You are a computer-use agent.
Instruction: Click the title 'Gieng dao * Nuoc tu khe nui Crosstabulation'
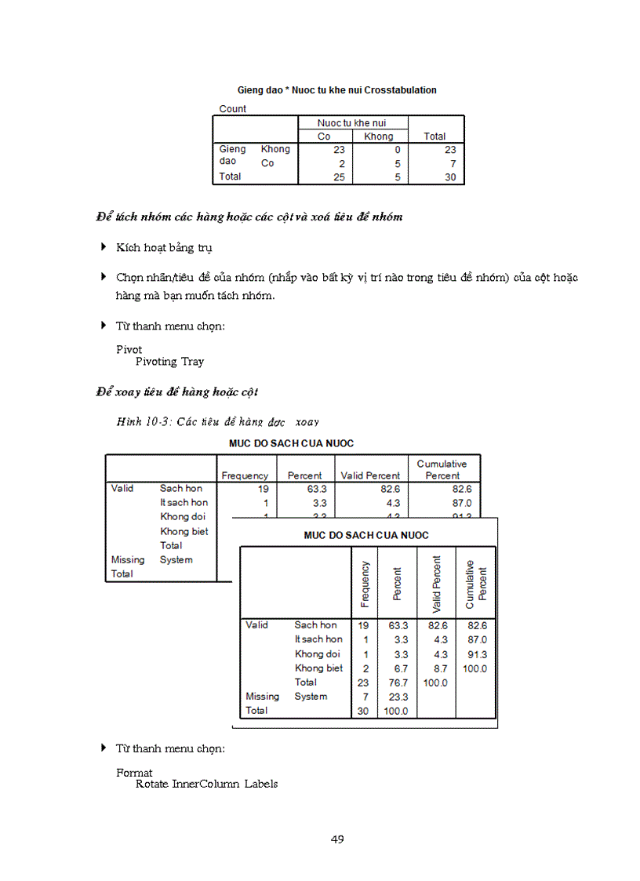point(337,90)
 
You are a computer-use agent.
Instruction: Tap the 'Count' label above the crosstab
point(232,109)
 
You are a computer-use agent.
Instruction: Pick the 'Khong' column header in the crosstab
point(379,137)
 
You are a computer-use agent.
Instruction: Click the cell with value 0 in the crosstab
point(397,149)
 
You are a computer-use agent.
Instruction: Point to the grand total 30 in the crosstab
point(449,177)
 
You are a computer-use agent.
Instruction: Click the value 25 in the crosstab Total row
point(339,177)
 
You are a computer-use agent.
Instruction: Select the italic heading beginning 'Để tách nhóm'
point(249,217)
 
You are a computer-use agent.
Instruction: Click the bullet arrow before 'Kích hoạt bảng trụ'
point(104,247)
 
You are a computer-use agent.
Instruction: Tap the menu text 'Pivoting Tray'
point(169,362)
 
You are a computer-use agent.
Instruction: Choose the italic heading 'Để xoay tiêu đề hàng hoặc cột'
point(177,391)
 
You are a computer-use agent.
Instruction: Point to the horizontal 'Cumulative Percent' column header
point(442,469)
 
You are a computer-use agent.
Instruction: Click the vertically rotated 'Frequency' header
point(365,584)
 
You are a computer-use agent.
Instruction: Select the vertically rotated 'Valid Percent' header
point(437,584)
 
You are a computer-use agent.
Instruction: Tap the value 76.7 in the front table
point(398,683)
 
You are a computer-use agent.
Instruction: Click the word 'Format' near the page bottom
point(134,773)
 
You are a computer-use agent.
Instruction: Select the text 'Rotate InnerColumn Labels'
point(206,784)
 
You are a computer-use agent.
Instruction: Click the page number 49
point(337,839)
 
